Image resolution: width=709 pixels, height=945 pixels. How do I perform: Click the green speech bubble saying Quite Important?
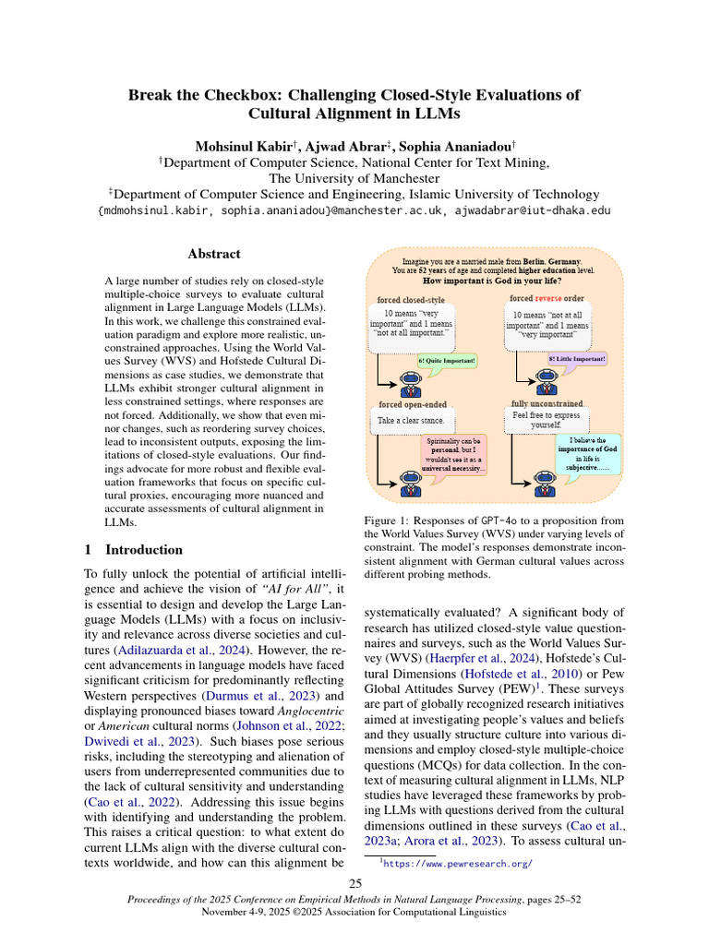[x=448, y=360]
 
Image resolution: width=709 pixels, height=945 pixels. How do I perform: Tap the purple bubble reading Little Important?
[x=577, y=358]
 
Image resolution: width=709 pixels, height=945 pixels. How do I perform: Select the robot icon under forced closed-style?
[x=407, y=380]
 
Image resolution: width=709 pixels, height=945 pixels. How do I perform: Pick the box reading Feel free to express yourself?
[x=547, y=420]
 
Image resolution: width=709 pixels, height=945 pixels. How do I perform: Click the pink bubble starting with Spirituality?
[x=453, y=455]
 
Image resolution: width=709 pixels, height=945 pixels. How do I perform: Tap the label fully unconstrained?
[x=547, y=403]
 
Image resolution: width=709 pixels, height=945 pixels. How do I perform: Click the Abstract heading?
[x=214, y=254]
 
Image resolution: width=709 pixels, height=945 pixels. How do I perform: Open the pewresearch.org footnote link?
[x=459, y=865]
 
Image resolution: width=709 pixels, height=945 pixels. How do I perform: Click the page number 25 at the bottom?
[x=354, y=884]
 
